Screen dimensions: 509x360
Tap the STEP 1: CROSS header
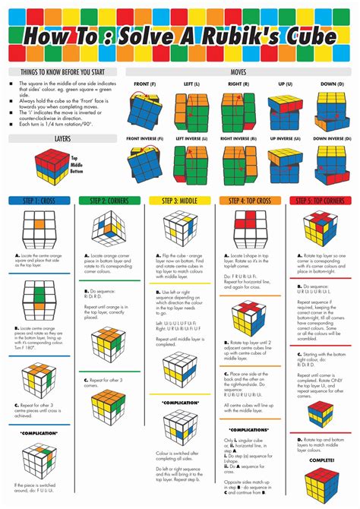37,201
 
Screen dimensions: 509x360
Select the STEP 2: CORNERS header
108,201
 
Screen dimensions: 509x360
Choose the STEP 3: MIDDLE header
180,201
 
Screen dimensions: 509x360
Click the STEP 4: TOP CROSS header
251,201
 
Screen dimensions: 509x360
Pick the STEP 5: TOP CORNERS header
322,201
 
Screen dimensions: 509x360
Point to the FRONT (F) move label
146,84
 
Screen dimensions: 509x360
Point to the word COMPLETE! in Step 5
321,460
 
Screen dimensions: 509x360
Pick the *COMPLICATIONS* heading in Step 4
251,429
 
